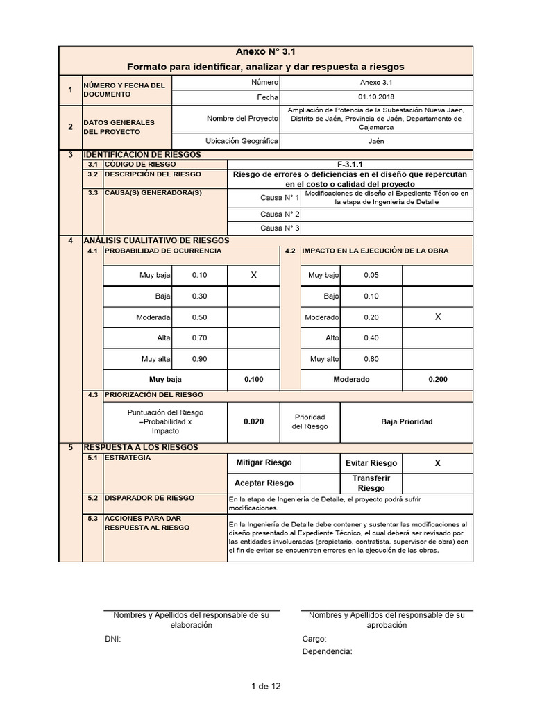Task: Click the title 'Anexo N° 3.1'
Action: click(x=266, y=52)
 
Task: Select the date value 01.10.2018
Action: click(x=375, y=97)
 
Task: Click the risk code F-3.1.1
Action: click(x=351, y=164)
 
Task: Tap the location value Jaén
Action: click(x=375, y=141)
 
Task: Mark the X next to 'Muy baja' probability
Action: click(x=253, y=276)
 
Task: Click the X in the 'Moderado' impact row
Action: click(x=437, y=317)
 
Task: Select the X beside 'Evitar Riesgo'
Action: click(x=437, y=463)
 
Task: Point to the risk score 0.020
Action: click(x=253, y=421)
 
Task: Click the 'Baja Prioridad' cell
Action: click(x=407, y=421)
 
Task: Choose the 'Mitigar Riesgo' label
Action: click(x=264, y=462)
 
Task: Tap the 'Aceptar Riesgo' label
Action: click(x=264, y=483)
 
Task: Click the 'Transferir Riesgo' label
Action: click(x=371, y=483)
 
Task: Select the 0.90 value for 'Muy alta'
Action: click(x=199, y=359)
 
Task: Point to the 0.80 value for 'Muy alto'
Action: click(x=371, y=359)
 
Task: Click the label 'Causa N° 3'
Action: click(x=280, y=228)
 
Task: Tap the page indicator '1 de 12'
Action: click(x=266, y=687)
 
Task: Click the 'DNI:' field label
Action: click(x=112, y=639)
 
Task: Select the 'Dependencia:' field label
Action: click(x=327, y=651)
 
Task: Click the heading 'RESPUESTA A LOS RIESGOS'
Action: click(x=140, y=447)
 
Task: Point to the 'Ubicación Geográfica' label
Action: click(x=243, y=141)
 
